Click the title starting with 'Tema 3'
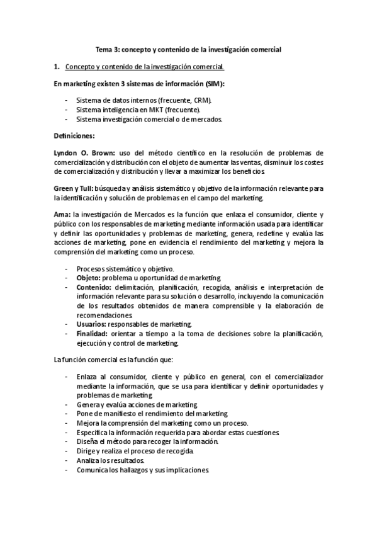point(188,48)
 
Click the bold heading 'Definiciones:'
point(74,135)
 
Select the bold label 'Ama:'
point(62,214)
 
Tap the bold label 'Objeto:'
point(89,278)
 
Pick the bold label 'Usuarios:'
point(92,324)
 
